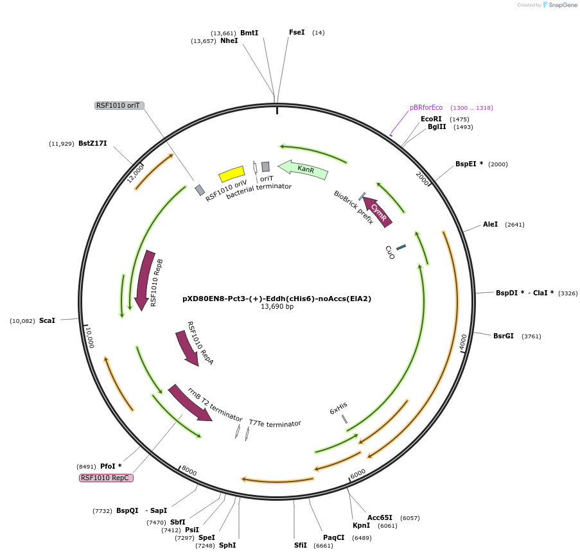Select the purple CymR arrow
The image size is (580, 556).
[378, 211]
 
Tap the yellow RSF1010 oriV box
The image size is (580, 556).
[232, 174]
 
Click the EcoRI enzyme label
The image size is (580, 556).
[431, 119]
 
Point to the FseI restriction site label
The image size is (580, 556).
[297, 32]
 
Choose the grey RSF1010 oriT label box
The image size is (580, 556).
[119, 105]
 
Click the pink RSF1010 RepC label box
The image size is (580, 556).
[106, 478]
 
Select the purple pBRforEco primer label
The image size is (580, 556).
[426, 107]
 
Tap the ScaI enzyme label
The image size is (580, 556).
[47, 320]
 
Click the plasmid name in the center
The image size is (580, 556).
[277, 299]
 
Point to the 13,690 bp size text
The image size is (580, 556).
[277, 307]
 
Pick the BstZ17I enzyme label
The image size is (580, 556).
[92, 143]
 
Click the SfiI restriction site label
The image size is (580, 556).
[301, 545]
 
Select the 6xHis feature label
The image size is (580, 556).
[338, 408]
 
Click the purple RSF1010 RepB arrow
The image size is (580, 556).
[145, 279]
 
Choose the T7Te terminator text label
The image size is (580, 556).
[275, 424]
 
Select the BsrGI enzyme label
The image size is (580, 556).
[504, 336]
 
